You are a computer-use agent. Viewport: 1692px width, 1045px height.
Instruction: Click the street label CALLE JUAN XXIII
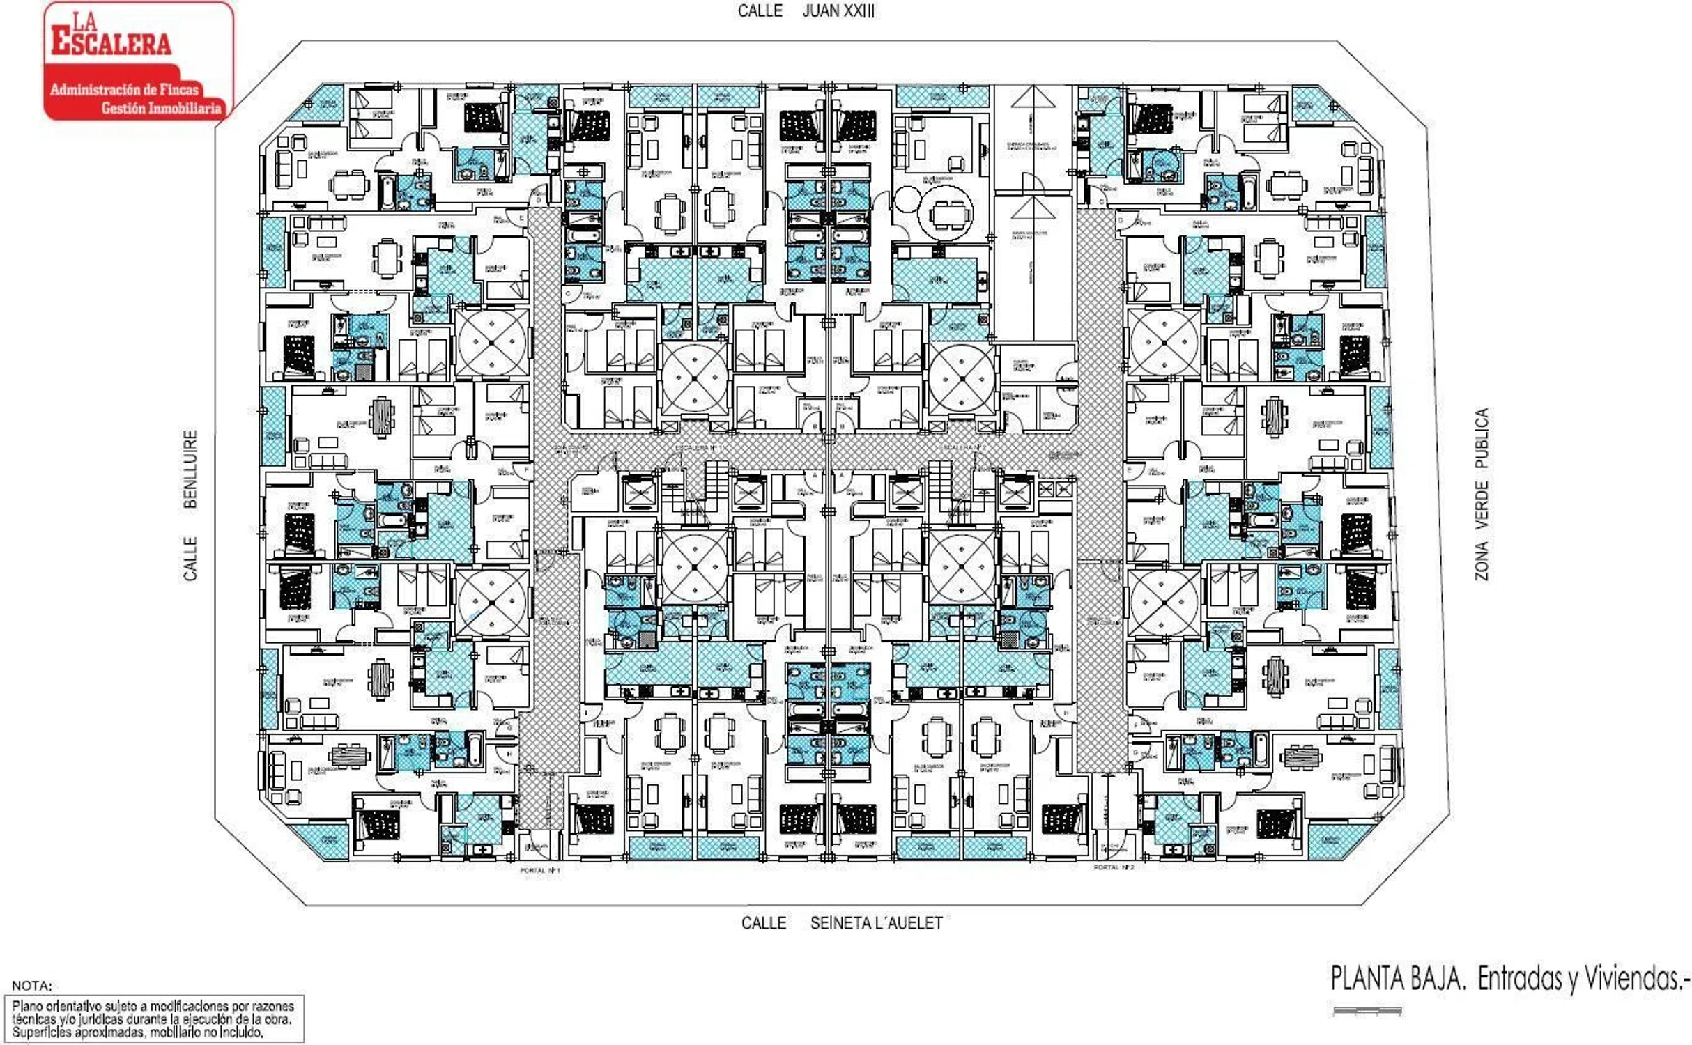[x=806, y=11]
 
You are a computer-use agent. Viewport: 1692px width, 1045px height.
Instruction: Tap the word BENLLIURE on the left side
[x=190, y=469]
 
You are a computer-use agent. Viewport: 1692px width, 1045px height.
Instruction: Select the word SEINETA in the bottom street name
[x=836, y=923]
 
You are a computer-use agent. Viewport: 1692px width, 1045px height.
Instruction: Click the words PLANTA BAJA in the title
[x=1397, y=979]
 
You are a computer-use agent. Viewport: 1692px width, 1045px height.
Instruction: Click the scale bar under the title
[x=1367, y=1011]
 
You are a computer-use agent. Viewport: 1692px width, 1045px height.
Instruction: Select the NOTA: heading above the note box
[x=31, y=986]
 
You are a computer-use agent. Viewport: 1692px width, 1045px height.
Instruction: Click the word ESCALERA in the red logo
[x=111, y=43]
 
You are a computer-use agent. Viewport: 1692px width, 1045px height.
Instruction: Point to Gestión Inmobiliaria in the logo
[x=161, y=108]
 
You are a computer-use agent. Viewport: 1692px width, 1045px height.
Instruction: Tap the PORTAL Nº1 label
[x=539, y=870]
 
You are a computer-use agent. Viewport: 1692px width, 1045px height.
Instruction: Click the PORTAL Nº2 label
[x=1114, y=867]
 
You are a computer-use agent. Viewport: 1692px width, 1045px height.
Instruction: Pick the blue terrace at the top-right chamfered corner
[x=1315, y=104]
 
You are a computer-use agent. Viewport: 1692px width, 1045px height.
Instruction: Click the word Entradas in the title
[x=1519, y=979]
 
